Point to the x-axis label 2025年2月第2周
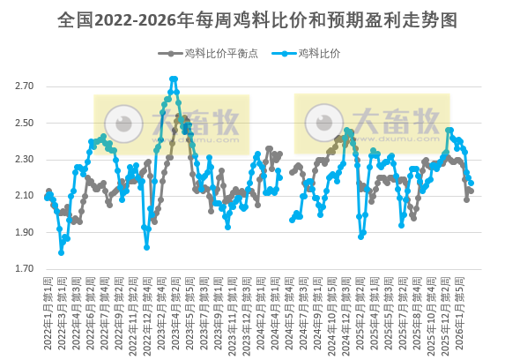tap(371, 313)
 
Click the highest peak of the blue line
tap(174, 79)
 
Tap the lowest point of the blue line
tap(62, 252)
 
